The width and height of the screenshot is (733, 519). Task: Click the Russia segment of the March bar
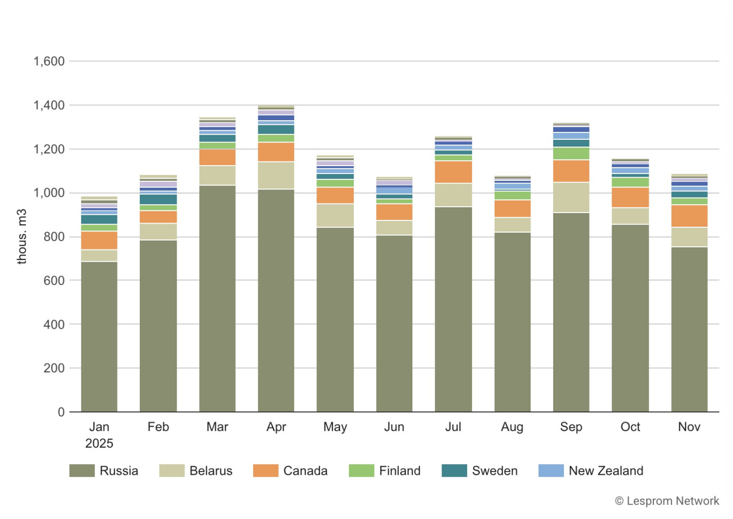tap(217, 298)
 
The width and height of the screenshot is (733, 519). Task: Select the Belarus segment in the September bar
tap(571, 197)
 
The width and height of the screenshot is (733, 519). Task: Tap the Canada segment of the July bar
tap(453, 172)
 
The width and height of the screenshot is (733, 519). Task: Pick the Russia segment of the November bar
tap(689, 329)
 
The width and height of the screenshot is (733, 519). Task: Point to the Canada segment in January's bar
tap(99, 240)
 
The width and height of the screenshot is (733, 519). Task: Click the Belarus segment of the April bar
tap(276, 175)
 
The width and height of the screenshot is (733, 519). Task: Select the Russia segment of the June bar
tap(394, 323)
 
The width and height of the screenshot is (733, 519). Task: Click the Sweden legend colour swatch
tap(454, 470)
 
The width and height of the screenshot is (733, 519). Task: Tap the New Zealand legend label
tap(606, 470)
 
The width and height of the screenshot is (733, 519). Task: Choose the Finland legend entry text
tap(400, 470)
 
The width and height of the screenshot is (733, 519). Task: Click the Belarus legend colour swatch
tap(172, 470)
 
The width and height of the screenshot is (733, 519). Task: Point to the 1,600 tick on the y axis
tap(49, 61)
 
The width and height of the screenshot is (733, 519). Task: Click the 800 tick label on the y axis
tap(54, 237)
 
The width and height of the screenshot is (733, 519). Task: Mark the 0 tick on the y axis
tap(61, 412)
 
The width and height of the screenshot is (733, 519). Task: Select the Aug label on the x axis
tap(512, 427)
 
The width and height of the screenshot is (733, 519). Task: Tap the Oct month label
tap(630, 427)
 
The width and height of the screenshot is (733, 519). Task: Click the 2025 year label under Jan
tap(99, 443)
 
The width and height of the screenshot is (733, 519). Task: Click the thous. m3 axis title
tap(22, 236)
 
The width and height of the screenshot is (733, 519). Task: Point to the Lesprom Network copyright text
tap(667, 501)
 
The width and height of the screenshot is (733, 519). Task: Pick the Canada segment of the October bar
tap(630, 197)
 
